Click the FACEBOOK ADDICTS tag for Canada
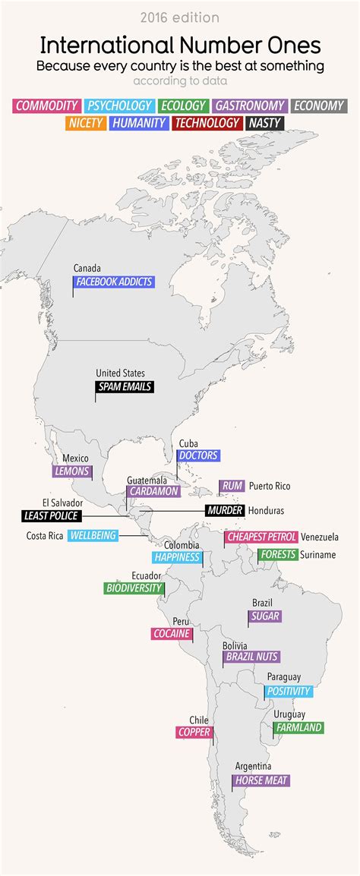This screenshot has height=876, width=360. click(x=114, y=282)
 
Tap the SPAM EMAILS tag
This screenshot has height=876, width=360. click(x=125, y=386)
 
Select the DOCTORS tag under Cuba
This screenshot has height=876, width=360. click(x=197, y=455)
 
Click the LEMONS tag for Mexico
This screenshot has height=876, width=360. click(x=72, y=471)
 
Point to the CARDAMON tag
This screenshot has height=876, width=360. click(x=153, y=491)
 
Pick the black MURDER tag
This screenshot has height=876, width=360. click(x=224, y=511)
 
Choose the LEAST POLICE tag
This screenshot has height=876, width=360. click(x=51, y=516)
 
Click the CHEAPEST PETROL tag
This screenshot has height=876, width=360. click(x=261, y=537)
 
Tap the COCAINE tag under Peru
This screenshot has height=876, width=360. click(x=171, y=633)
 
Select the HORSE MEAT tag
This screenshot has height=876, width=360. click(x=261, y=780)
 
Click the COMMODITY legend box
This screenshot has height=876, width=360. click(x=46, y=106)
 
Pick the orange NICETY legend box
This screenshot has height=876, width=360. click(x=85, y=122)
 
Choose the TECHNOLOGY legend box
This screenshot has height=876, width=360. click(x=207, y=122)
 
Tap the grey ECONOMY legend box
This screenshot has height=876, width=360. click(x=319, y=106)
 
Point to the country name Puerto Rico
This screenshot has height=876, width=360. click(x=270, y=486)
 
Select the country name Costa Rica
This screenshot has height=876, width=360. click(x=45, y=536)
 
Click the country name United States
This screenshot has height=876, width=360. click(x=120, y=373)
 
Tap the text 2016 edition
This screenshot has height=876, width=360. click(x=180, y=17)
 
